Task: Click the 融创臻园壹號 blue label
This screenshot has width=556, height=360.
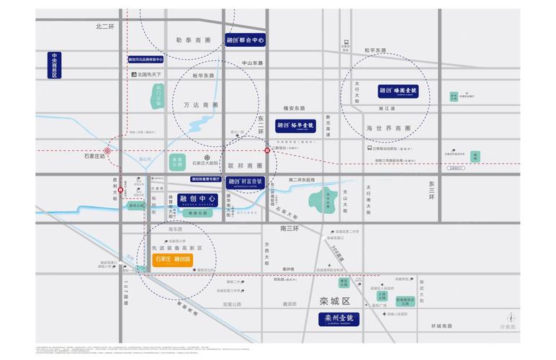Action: (403, 91)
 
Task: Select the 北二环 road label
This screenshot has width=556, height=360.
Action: (105, 26)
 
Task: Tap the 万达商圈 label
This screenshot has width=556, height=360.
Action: (202, 105)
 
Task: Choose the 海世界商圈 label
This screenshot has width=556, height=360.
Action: (388, 129)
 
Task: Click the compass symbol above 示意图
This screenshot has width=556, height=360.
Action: (511, 316)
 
